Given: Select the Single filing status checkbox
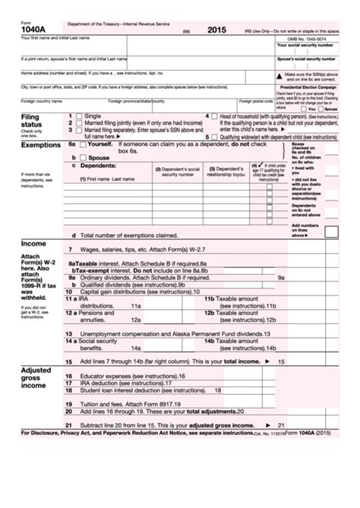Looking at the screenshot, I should (78, 116).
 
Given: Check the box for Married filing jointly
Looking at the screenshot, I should (78, 123).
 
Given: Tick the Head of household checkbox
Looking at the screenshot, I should (214, 116).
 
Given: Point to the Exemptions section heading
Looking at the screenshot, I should (41, 144).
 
